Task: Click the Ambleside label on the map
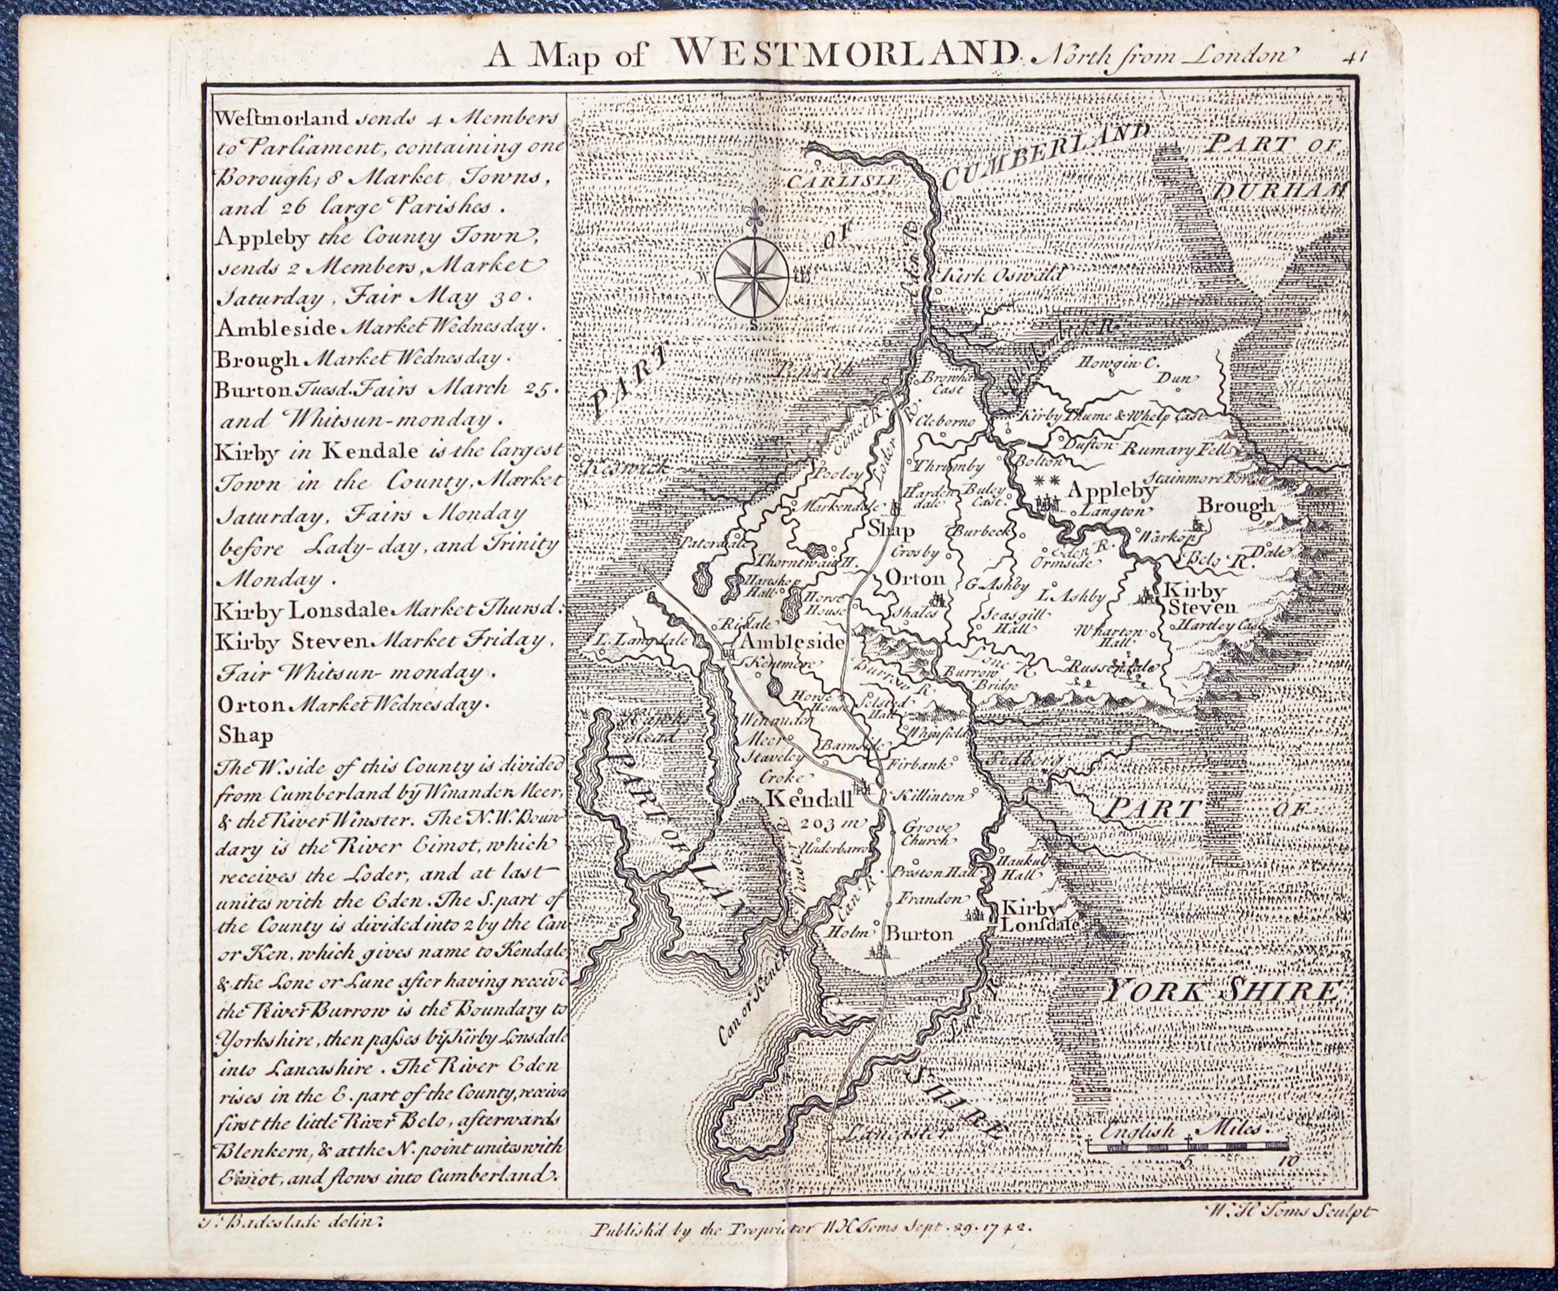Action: coord(790,643)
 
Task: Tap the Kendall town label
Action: coord(810,799)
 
